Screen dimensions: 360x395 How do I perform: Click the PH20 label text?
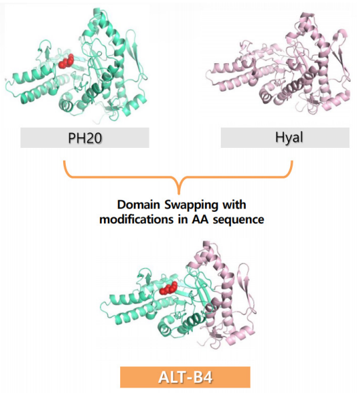85,138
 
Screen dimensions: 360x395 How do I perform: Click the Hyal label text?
289,138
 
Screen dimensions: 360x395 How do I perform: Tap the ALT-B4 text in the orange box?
185,377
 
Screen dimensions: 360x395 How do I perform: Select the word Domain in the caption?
139,204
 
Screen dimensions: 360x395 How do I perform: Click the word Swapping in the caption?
191,206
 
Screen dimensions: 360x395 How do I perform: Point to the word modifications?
137,219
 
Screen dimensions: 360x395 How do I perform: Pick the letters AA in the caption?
200,219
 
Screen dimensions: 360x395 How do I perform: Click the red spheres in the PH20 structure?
67,61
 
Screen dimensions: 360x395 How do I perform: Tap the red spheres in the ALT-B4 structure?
168,288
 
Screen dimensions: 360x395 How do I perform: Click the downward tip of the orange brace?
179,194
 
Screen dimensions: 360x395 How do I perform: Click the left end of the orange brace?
65,162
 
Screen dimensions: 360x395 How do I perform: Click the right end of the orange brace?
292,162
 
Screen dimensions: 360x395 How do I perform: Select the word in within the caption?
183,219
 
